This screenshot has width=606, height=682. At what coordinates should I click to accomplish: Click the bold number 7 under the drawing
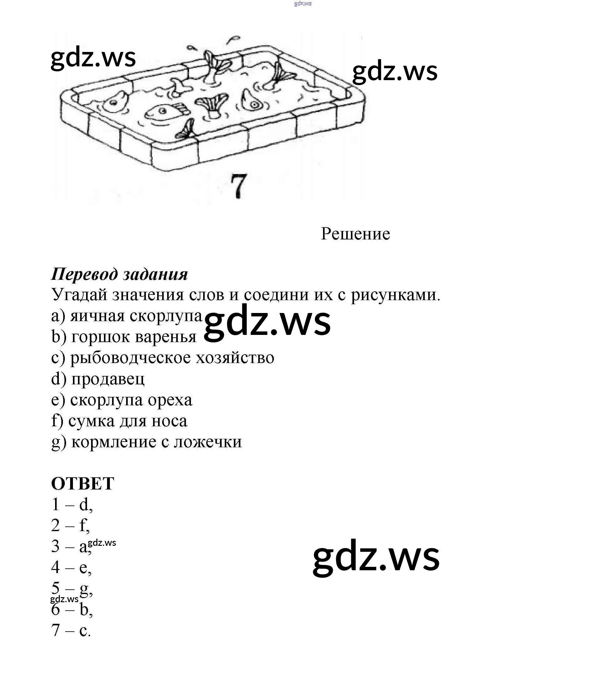point(239,186)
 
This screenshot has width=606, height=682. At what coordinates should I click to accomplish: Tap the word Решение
point(355,233)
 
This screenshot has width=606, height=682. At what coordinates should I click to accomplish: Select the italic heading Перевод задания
point(120,274)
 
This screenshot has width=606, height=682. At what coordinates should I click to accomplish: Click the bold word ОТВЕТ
point(82,484)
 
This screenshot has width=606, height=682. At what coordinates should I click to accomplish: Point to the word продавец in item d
point(108,379)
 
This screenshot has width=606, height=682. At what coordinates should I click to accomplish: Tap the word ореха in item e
point(170,400)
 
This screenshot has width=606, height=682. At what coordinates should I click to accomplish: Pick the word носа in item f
point(170,421)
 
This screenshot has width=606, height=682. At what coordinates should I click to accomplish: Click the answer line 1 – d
point(72,505)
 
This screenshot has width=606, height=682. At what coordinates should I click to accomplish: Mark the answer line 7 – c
point(71,631)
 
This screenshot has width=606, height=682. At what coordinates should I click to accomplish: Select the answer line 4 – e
point(71,567)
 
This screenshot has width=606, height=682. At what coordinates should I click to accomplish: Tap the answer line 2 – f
point(70,526)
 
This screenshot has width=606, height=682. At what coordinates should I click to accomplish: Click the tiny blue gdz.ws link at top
point(303,4)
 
